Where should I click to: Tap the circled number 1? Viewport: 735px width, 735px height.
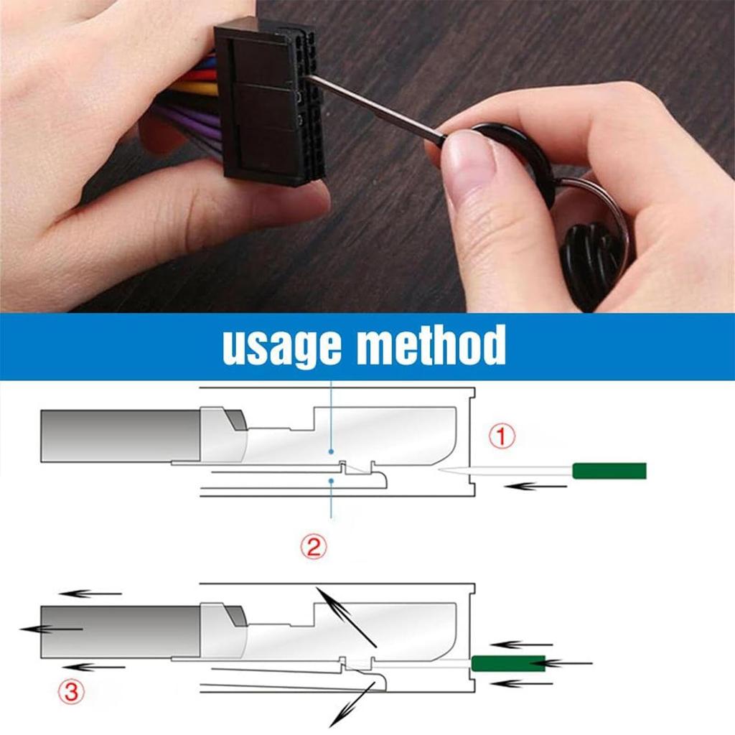[x=502, y=436]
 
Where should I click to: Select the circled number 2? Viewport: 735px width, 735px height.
[x=313, y=548]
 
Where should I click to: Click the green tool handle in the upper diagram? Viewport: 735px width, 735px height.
[x=609, y=471]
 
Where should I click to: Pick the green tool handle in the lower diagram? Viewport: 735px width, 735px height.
[x=507, y=663]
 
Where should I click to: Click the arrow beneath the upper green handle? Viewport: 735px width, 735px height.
[x=531, y=487]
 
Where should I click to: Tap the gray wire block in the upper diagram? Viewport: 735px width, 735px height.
[x=118, y=436]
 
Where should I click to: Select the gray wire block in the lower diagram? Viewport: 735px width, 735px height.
[x=118, y=631]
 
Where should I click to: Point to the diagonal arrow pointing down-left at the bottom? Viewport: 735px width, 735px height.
[x=352, y=705]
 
